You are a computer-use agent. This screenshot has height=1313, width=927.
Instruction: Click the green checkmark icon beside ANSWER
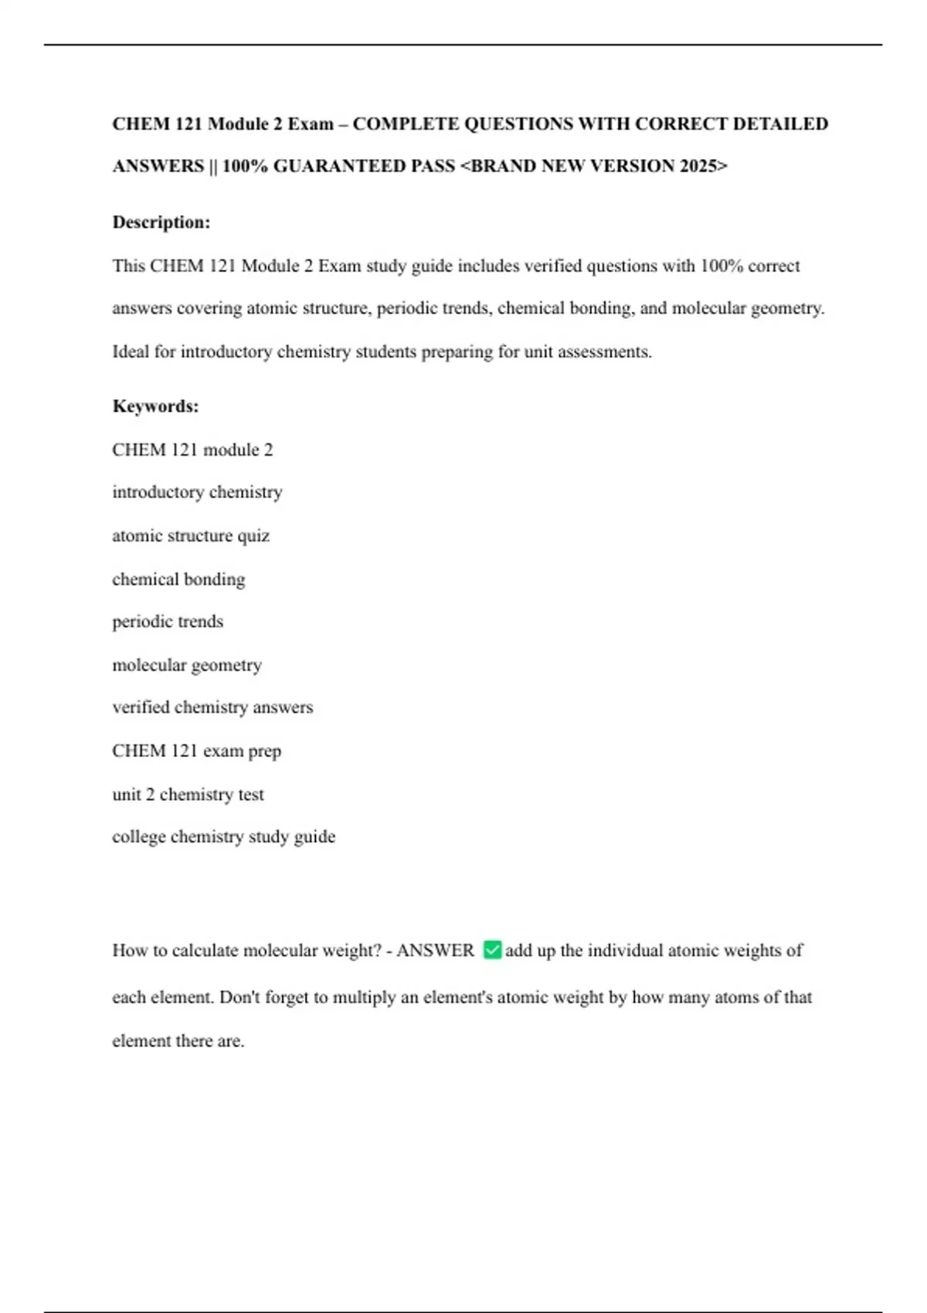(492, 950)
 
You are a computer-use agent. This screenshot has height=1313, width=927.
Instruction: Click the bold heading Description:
(161, 222)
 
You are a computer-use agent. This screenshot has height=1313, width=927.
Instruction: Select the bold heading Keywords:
(155, 406)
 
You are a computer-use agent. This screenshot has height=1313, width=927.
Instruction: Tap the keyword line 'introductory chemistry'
(197, 493)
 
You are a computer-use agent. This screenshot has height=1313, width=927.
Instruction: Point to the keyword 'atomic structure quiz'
(191, 536)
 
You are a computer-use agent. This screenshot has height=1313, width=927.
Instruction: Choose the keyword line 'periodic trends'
(168, 622)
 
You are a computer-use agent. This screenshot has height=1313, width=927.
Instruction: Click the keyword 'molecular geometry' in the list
(187, 665)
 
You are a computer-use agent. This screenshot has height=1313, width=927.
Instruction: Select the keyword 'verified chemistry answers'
(212, 707)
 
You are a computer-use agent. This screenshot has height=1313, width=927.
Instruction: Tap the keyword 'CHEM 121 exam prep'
(196, 751)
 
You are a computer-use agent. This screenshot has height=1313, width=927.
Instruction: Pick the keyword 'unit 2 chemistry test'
(188, 795)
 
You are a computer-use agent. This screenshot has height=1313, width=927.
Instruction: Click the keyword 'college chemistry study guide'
(223, 837)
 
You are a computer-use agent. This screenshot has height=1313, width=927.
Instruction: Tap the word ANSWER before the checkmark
(435, 951)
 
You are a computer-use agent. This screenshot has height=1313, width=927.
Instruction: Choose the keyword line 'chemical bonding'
(178, 579)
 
